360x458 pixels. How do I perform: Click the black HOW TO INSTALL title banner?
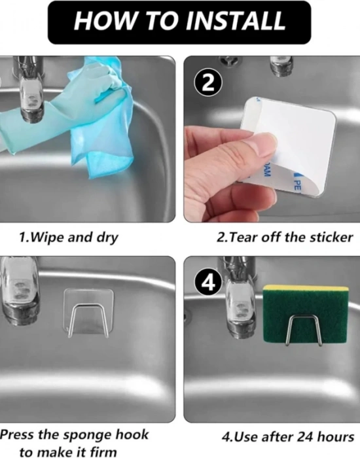179,22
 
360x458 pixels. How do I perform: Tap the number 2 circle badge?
207,82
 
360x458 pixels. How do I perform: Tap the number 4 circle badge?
207,282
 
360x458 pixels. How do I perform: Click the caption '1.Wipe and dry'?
69,237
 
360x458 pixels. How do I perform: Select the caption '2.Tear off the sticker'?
285,237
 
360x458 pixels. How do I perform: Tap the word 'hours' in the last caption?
334,436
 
